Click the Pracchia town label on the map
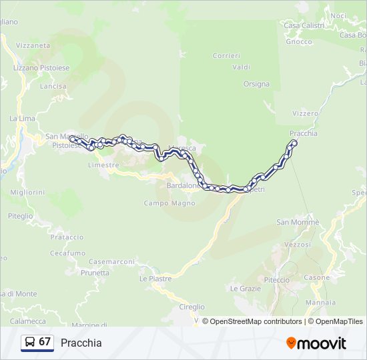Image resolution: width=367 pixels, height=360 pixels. point(304,133)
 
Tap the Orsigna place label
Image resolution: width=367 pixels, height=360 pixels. point(256,84)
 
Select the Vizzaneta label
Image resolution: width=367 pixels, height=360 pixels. point(33,45)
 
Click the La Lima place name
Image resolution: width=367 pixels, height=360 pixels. point(22,118)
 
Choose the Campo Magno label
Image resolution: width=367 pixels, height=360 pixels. point(169,203)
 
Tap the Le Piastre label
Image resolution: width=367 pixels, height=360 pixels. point(155,279)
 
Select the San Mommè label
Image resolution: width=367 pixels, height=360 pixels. point(298,222)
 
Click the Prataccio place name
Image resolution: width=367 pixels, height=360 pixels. point(67,237)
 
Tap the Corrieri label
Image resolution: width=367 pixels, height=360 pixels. point(226,55)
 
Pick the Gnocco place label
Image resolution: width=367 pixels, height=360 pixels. point(298,41)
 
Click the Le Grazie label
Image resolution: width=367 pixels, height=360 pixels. point(245,289)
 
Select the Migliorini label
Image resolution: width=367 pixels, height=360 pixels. point(27,192)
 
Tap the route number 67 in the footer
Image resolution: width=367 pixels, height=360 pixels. point(45,342)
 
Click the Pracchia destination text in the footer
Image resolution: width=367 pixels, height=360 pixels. point(81,343)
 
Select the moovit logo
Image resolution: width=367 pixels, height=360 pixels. point(316,343)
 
